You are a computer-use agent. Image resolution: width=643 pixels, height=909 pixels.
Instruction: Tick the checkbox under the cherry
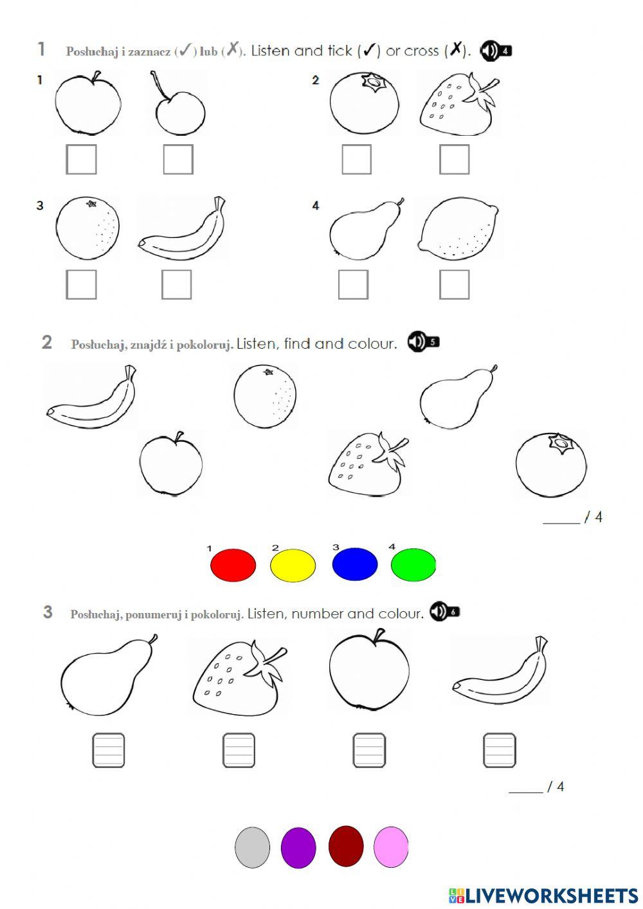(x=178, y=160)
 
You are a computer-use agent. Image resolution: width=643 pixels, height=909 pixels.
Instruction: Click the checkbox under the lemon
(x=454, y=284)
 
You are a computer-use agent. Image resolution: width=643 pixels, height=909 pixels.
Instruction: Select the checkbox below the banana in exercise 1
(x=176, y=284)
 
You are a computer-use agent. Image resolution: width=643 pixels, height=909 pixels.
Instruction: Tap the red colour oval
(x=233, y=565)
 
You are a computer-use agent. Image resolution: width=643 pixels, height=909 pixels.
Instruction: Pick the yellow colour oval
(x=293, y=565)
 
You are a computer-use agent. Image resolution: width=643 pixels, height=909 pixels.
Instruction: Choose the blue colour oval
(x=354, y=565)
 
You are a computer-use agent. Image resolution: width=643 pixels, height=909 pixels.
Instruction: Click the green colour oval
(x=413, y=565)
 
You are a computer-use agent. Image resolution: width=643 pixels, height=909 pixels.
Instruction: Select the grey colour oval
(x=252, y=847)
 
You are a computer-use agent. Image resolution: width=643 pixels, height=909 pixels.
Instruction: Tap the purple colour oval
(x=298, y=847)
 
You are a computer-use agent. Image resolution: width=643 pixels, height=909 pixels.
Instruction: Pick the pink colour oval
(x=391, y=847)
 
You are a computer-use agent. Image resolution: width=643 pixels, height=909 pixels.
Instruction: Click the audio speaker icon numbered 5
(x=422, y=342)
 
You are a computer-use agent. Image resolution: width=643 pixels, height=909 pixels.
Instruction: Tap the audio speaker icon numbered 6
(x=444, y=611)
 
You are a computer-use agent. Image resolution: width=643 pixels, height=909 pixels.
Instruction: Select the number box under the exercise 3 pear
(x=109, y=750)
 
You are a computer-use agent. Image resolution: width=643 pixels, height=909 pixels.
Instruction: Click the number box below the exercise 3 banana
(x=500, y=750)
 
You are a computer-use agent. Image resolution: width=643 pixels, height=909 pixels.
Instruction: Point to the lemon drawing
(x=458, y=229)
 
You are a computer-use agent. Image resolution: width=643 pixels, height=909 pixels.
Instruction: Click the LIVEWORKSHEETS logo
(x=543, y=895)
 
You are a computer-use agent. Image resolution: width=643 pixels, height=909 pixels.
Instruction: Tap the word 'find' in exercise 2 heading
(x=297, y=344)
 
